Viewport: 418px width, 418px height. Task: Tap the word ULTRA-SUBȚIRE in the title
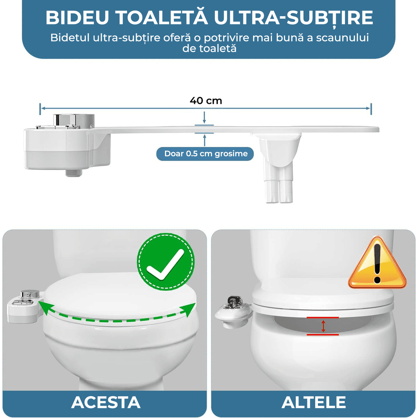[x=293, y=17]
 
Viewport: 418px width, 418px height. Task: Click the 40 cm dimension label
[x=206, y=101]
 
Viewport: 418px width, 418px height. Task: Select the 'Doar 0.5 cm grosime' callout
[x=206, y=154]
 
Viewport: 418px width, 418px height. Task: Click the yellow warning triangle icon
[x=377, y=264]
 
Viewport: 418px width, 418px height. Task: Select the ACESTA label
[x=106, y=402]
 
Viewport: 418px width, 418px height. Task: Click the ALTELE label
[x=313, y=402]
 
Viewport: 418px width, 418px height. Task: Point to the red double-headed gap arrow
[x=323, y=326]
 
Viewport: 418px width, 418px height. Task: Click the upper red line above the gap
[x=323, y=317]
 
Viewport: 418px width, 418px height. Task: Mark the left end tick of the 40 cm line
[x=40, y=109]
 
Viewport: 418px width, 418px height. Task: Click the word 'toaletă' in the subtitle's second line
[x=215, y=48]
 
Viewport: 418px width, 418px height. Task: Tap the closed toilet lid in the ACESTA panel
[x=118, y=296]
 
